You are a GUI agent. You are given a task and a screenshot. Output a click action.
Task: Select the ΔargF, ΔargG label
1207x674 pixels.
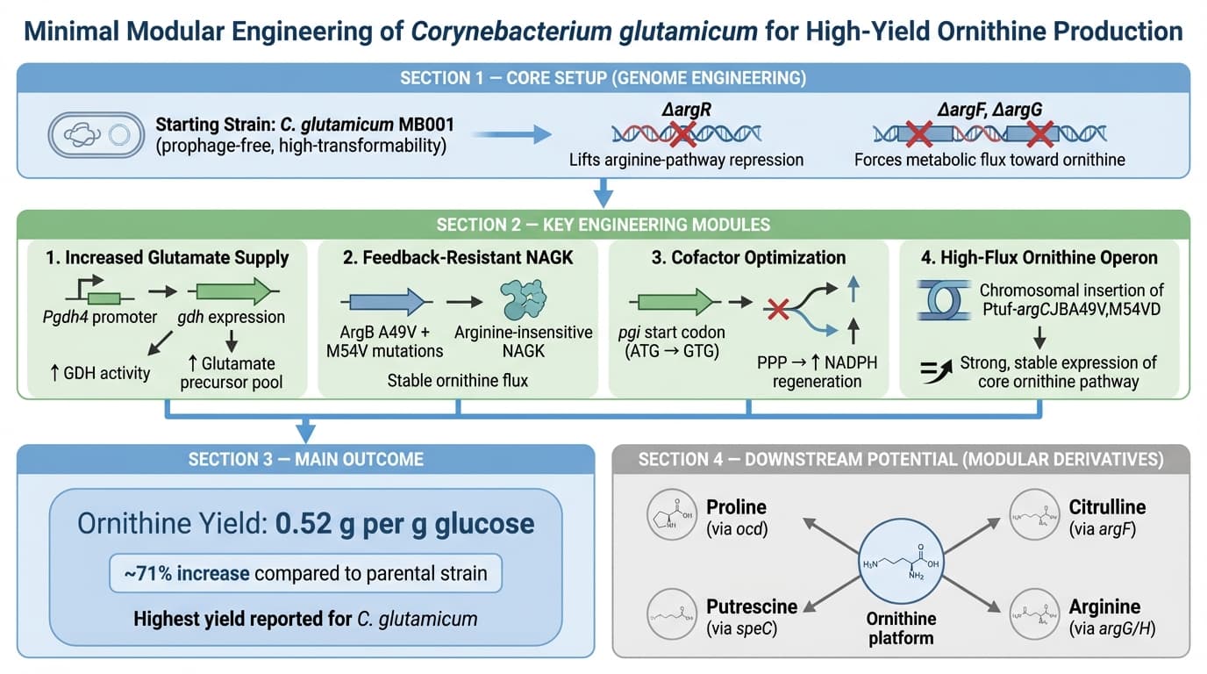[989, 110]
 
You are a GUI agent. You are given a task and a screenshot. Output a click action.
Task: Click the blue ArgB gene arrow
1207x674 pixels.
[387, 302]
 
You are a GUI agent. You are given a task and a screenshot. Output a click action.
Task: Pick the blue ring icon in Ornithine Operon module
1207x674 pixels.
[937, 299]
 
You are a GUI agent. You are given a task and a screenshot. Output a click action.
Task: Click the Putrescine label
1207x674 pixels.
[752, 606]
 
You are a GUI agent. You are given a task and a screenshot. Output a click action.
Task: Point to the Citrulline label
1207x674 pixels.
[1107, 507]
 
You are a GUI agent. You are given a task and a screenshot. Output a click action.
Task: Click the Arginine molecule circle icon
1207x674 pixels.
[1032, 615]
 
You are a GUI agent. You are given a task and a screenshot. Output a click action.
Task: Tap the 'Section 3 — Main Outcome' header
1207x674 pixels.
[305, 459]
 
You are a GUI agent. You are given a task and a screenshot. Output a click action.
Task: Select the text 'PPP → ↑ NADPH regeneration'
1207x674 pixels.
[817, 371]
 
